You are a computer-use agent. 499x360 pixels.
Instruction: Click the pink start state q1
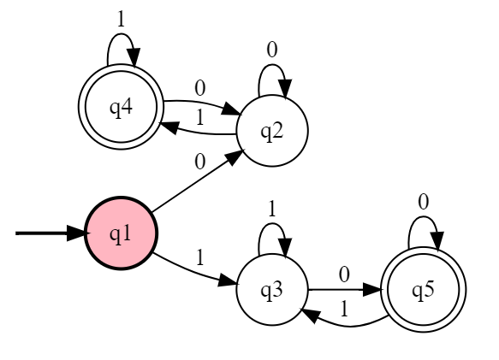(x=121, y=233)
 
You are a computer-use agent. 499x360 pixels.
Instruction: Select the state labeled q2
(x=272, y=130)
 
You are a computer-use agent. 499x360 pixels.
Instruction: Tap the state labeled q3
(x=272, y=290)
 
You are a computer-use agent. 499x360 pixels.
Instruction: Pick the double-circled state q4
(x=121, y=107)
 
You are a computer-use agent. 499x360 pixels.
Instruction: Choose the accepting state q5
(x=424, y=290)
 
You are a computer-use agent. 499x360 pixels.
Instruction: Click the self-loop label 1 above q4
(x=121, y=20)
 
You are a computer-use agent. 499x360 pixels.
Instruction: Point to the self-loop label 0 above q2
(x=272, y=50)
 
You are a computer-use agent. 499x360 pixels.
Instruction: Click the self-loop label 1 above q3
(x=272, y=210)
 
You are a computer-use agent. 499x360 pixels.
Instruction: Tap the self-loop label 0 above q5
(x=424, y=203)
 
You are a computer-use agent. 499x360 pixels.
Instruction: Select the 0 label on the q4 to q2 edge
(x=199, y=88)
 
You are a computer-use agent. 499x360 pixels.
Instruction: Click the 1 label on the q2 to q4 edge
(x=199, y=118)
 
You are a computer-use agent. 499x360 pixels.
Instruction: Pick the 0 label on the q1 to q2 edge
(x=199, y=162)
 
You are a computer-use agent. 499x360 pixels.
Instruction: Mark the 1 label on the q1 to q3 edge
(x=199, y=257)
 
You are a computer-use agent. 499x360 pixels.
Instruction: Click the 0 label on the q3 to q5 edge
(x=344, y=274)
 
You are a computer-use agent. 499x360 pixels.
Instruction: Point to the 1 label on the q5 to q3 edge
(x=344, y=309)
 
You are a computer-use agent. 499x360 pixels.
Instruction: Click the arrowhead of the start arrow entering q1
(x=76, y=233)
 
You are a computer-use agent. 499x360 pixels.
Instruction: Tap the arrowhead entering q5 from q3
(x=372, y=290)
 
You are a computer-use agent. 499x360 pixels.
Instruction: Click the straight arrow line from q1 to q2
(x=198, y=180)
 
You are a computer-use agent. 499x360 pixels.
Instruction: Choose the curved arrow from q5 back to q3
(x=350, y=326)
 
